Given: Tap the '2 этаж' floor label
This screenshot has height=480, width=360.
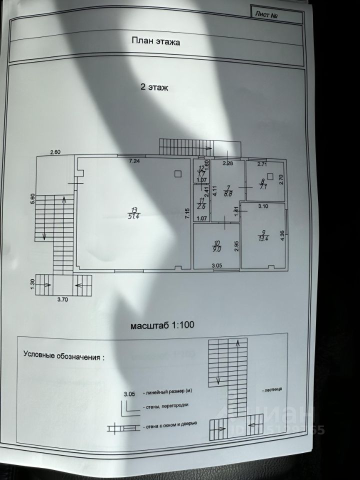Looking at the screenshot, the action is [x=154, y=86].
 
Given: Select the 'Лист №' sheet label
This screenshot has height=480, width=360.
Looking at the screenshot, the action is [x=266, y=14].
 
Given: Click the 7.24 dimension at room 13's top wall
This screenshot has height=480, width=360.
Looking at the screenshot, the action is [x=134, y=161].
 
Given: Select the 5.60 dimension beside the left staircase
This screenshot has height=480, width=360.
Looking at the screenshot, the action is [x=32, y=198].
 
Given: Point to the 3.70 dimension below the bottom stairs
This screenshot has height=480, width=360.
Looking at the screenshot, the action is [x=63, y=299].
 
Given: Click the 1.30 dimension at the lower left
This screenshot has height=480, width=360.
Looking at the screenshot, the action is [x=32, y=283].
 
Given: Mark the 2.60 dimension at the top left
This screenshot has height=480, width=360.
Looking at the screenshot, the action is [x=55, y=152].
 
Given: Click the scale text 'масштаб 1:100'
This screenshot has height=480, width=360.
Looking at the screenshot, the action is [x=162, y=324].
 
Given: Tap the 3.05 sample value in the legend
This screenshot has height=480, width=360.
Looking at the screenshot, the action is [x=130, y=393].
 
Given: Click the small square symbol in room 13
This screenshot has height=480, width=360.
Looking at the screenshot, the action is [x=177, y=173].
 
